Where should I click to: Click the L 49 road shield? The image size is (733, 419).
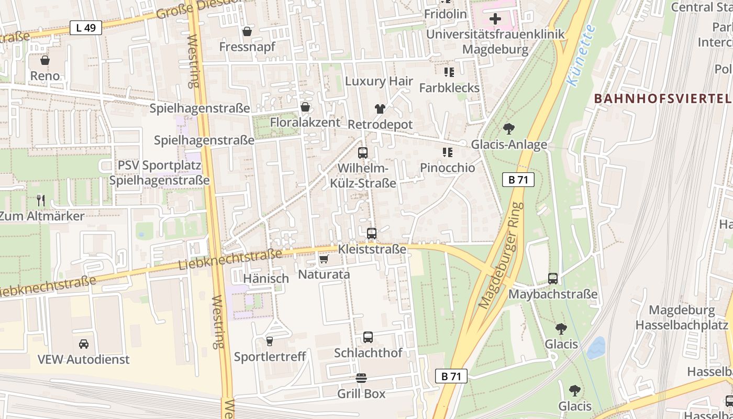[86, 28]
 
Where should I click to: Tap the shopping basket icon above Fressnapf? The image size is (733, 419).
[247, 31]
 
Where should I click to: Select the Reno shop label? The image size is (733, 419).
[45, 76]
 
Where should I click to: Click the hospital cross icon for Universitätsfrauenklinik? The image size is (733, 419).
[495, 19]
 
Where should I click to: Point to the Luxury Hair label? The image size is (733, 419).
[379, 82]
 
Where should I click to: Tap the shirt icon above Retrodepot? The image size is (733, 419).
[380, 109]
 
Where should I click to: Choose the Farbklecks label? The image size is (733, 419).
[449, 88]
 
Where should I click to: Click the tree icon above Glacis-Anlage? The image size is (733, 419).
[508, 129]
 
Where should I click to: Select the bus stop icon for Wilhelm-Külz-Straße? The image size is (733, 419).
[362, 153]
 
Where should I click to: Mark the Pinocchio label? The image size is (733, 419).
[448, 168]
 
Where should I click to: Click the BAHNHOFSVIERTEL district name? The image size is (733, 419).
[662, 98]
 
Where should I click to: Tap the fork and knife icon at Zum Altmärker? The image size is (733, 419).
[41, 200]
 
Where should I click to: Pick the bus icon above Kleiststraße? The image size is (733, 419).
[372, 234]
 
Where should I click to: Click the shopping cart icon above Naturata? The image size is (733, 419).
[324, 259]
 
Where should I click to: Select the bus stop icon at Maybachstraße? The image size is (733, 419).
[553, 279]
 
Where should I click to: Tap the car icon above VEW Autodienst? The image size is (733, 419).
[83, 344]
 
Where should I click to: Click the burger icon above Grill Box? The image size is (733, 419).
[361, 378]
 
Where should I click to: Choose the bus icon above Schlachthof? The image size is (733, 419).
[368, 337]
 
